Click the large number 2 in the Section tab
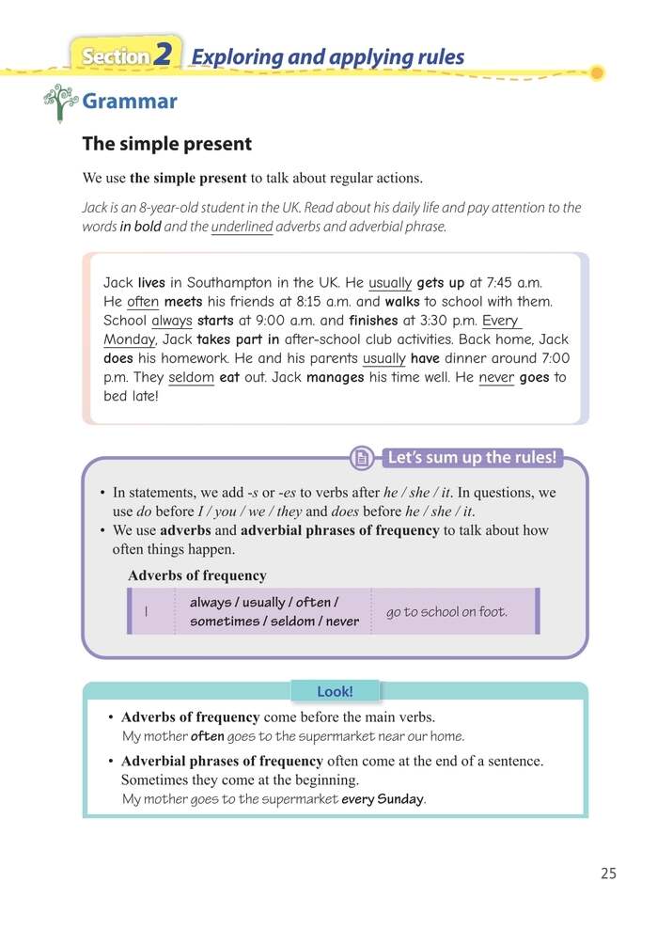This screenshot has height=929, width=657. point(164,56)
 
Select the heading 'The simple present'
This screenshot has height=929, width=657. point(166,144)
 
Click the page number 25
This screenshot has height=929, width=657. point(608,874)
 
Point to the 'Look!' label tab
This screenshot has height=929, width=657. point(335,691)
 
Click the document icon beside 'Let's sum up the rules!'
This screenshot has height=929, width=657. point(360,459)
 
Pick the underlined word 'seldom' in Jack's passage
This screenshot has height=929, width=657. point(192,378)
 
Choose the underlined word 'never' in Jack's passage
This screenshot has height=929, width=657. point(496,378)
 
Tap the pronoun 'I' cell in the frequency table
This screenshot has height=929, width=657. point(149,612)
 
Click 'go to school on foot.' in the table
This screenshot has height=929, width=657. point(446,612)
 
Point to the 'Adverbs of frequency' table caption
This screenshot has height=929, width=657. point(196,575)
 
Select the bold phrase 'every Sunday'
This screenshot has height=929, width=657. point(383,800)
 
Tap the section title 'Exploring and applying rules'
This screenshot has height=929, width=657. point(327,56)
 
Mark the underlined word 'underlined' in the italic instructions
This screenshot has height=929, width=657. point(242,227)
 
